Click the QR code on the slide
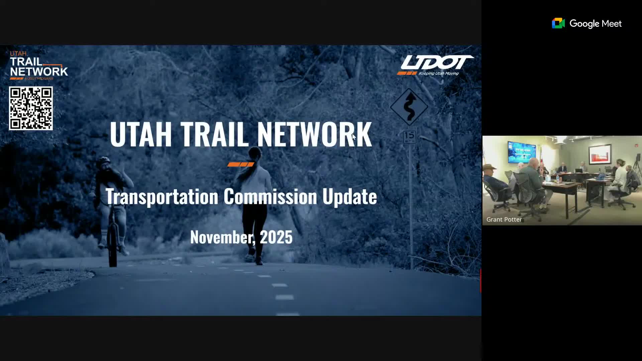click(31, 108)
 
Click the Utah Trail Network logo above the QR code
click(38, 66)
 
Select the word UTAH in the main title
click(141, 134)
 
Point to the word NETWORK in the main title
click(314, 134)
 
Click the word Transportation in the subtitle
click(162, 197)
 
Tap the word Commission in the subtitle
click(270, 197)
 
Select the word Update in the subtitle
click(349, 197)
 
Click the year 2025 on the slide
click(276, 237)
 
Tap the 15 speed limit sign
click(409, 137)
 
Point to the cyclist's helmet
click(103, 160)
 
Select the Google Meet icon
click(558, 23)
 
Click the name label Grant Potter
click(504, 220)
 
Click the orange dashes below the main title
click(241, 164)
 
